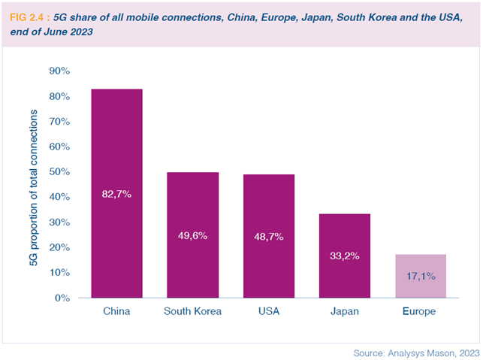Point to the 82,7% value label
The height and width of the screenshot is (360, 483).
coord(117,194)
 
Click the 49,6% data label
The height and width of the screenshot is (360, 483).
coord(192,235)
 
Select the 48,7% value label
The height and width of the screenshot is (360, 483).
coord(269,235)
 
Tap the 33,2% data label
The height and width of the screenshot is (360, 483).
coord(345,256)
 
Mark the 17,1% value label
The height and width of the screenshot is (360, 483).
coord(421,276)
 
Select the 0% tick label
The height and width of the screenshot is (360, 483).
coord(62,298)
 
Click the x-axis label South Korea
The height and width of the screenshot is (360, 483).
coord(192,311)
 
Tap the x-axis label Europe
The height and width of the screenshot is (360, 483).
coord(421,311)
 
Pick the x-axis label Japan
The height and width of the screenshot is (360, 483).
coord(345,311)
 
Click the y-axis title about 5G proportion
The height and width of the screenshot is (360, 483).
coord(33,184)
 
